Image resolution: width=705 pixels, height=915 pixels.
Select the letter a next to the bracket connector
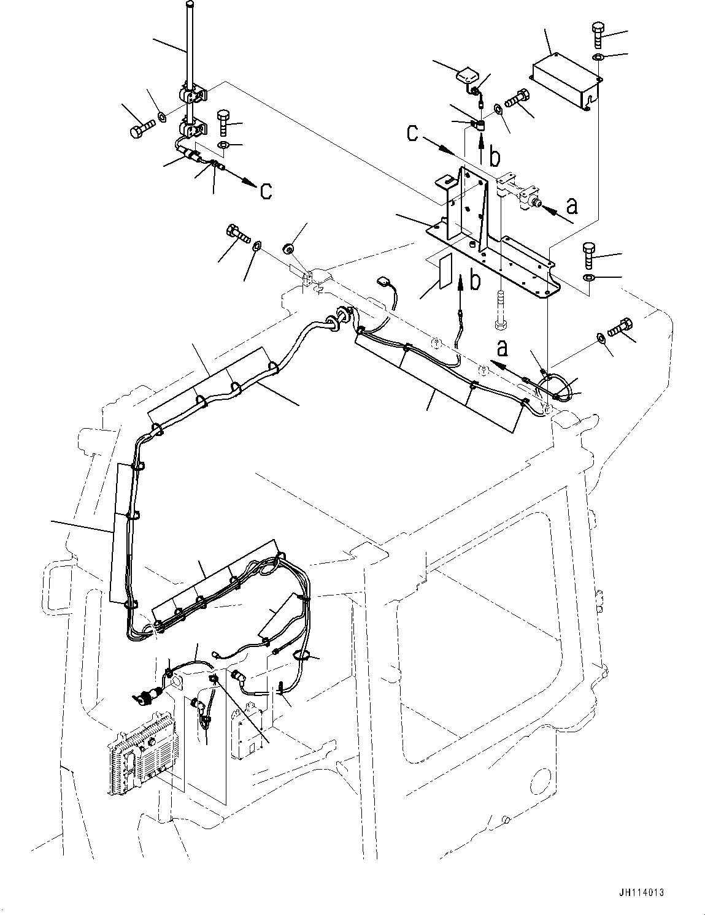coord(572,205)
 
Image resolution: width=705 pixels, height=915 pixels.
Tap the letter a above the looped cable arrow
coord(503,349)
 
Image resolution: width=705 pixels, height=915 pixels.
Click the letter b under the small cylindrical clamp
coord(494,157)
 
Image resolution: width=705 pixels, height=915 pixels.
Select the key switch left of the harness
coord(145,697)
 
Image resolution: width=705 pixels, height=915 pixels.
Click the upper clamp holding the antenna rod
coord(193,96)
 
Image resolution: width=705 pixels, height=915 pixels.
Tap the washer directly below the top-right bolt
coord(598,58)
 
